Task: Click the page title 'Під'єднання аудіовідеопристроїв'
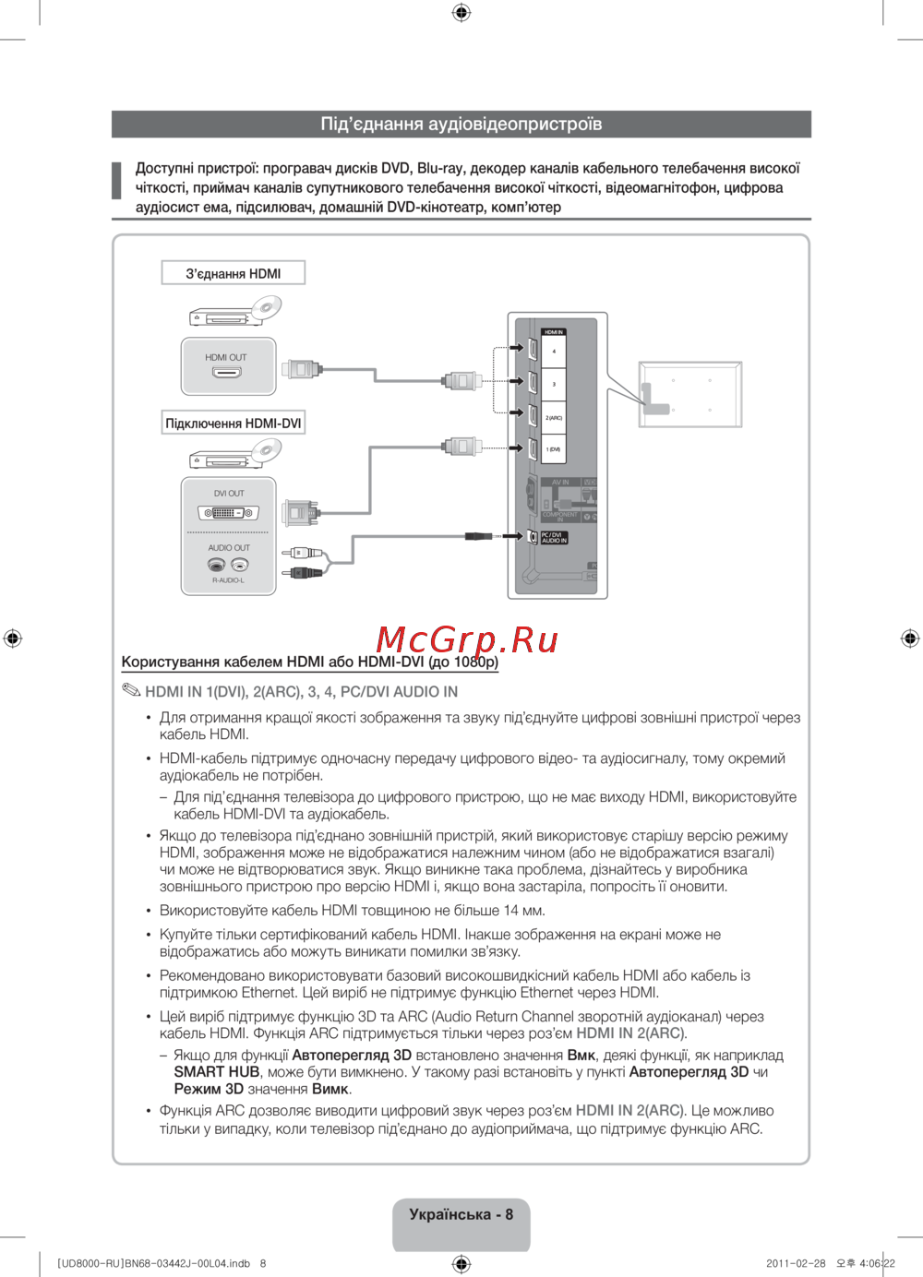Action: pyautogui.click(x=461, y=124)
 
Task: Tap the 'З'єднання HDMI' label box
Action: pyautogui.click(x=233, y=273)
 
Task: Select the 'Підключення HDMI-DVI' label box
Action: pyautogui.click(x=233, y=424)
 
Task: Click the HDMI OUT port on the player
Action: pyautogui.click(x=226, y=373)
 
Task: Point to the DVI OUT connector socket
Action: pyautogui.click(x=228, y=513)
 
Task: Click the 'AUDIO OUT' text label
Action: pyautogui.click(x=228, y=548)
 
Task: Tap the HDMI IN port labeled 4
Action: pyautogui.click(x=533, y=350)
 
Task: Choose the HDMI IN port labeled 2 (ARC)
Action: pyautogui.click(x=533, y=414)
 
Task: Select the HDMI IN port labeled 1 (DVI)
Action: pyautogui.click(x=533, y=449)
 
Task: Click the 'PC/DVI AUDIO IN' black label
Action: pyautogui.click(x=554, y=537)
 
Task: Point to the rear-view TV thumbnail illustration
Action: pyautogui.click(x=690, y=394)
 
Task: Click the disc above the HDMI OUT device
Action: pyautogui.click(x=265, y=307)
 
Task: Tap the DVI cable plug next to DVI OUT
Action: pyautogui.click(x=301, y=512)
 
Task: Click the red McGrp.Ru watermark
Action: pyautogui.click(x=467, y=639)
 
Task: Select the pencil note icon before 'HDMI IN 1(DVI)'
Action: pyautogui.click(x=130, y=690)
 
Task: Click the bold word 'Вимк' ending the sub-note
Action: pyautogui.click(x=330, y=1089)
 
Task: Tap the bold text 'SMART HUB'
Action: pyautogui.click(x=216, y=1072)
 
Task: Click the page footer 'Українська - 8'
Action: pyautogui.click(x=461, y=1214)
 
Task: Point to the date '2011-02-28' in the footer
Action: pyautogui.click(x=796, y=1263)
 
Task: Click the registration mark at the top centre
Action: pyautogui.click(x=461, y=12)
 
